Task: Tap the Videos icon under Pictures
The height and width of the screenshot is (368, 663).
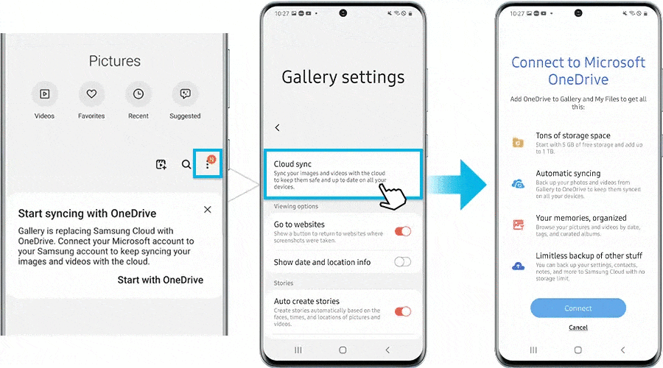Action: pos(44,94)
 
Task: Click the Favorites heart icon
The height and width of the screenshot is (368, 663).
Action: pos(91,94)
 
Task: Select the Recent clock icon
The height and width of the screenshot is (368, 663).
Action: pos(138,94)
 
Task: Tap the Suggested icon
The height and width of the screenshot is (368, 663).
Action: pos(185,94)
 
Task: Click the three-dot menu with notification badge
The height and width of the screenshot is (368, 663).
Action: pos(208,164)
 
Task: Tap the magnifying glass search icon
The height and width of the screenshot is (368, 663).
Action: pos(186,165)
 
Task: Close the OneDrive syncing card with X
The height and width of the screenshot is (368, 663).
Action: pos(208,210)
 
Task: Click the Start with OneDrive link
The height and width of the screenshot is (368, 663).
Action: pos(160,280)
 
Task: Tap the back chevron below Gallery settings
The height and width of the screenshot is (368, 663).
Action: pos(278,127)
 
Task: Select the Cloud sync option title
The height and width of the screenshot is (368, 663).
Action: pos(293,164)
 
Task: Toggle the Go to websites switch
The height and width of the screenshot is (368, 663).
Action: pos(403,231)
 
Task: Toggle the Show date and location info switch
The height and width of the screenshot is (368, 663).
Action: pos(403,261)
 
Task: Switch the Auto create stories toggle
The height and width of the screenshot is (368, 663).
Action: pos(403,311)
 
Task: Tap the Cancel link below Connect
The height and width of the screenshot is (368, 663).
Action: pos(578,328)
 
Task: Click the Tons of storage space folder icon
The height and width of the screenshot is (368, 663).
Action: pos(519,142)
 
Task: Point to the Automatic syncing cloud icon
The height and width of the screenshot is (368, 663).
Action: pos(519,183)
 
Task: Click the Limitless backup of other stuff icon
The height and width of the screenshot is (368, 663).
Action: pos(519,265)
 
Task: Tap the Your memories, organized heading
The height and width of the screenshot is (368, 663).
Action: pos(580,218)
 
